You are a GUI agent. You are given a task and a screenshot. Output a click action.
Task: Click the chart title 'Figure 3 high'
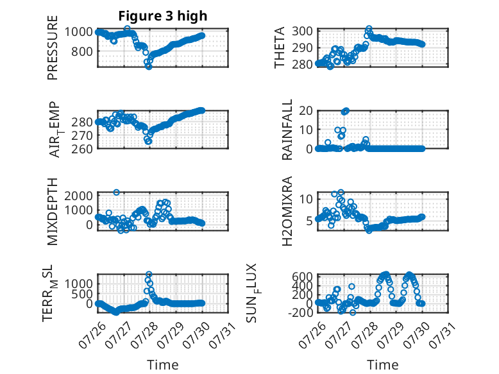coord(163,16)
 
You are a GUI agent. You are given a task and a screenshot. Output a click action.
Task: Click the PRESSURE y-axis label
coord(53,47)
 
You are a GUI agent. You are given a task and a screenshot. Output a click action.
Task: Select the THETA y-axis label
coord(279,47)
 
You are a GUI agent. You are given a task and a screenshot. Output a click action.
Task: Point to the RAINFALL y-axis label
coord(287,130)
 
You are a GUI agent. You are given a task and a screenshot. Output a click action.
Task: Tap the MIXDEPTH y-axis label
coord(53,212)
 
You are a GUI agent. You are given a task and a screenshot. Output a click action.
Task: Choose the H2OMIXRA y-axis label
coord(287,211)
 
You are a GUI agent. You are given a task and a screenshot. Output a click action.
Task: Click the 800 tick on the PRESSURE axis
coord(82,51)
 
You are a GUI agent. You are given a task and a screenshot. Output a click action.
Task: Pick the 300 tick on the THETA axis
coord(302,31)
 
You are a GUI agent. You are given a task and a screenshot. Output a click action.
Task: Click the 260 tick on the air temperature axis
coord(82,149)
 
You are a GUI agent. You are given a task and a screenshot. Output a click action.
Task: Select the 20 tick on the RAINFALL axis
coord(305,111)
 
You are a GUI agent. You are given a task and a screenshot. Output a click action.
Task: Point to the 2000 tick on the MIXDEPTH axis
coord(79,196)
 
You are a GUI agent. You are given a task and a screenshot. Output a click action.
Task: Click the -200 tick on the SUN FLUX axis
coord(300,312)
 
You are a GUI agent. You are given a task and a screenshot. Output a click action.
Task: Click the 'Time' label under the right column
coord(382,365)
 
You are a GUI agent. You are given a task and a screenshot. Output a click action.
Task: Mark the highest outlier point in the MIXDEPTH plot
coord(117,192)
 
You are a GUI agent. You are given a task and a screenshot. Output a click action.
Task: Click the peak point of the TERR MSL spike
coord(149,274)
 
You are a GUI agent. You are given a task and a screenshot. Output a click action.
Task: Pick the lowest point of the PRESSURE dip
coord(149,67)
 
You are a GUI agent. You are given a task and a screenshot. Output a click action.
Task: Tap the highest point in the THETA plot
coord(369,28)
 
